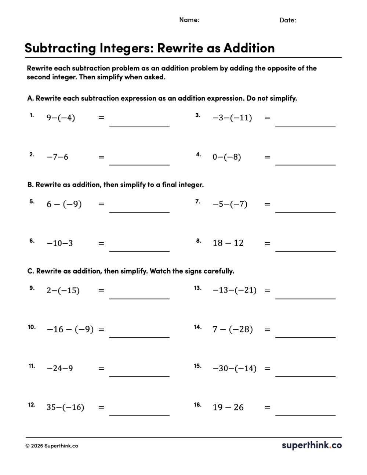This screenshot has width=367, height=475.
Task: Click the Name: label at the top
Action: [x=189, y=20]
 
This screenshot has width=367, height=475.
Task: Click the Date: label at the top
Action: [x=287, y=20]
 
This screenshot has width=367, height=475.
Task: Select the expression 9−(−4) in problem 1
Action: [x=61, y=118]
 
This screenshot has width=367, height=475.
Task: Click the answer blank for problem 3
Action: [x=305, y=121]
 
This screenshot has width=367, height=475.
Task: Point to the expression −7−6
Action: [x=57, y=157]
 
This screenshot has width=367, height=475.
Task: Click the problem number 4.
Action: [x=198, y=155]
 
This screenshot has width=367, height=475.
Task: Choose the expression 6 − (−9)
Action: [x=64, y=204]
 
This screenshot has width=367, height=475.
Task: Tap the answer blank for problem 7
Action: [x=305, y=207]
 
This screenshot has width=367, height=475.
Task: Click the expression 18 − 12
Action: [x=228, y=243]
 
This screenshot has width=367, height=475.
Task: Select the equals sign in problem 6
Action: [x=101, y=243]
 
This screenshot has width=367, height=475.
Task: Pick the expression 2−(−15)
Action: [x=63, y=291]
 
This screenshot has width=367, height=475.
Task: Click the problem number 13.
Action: [x=198, y=288]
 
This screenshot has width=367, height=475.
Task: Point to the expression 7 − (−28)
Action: [x=233, y=329]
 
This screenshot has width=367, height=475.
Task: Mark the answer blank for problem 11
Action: [x=139, y=371]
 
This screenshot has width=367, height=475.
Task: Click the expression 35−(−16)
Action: [x=65, y=407]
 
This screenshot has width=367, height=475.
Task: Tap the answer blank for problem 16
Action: [x=305, y=410]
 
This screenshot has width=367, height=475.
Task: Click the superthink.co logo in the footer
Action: [x=312, y=445]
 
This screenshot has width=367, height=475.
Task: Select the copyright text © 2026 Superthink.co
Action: [x=52, y=446]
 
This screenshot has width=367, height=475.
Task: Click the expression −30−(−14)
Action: [x=235, y=369]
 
